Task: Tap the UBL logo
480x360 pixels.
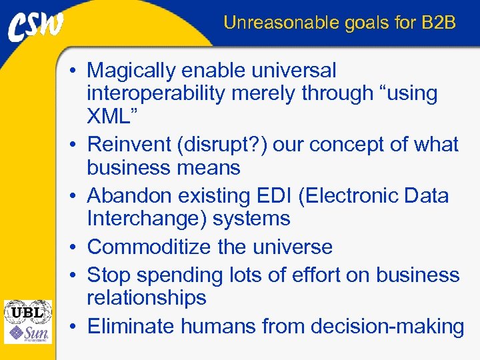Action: coord(27,311)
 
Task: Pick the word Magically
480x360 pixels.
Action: coord(133,71)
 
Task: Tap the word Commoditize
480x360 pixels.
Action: coord(150,247)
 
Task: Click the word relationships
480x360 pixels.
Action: coord(147,298)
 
